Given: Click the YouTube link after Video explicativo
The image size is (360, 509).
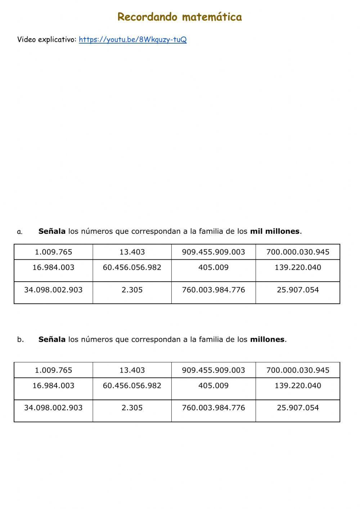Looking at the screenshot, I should [x=132, y=40].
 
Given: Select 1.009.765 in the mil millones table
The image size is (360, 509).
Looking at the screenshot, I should [x=53, y=252].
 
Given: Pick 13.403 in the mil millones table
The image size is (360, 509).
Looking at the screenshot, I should [x=132, y=252].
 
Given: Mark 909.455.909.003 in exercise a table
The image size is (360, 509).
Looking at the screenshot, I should [x=213, y=252].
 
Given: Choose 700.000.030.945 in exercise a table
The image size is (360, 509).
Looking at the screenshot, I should [x=298, y=252].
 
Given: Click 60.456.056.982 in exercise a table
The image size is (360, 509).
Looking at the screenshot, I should [x=132, y=268].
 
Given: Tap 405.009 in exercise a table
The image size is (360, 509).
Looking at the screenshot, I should [x=213, y=268].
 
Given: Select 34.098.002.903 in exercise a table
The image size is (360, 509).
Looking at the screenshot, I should [x=53, y=290].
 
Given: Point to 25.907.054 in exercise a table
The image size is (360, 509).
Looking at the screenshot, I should [x=298, y=290].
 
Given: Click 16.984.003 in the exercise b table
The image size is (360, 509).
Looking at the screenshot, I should [x=53, y=386].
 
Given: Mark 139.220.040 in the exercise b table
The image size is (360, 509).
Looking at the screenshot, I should [x=298, y=386].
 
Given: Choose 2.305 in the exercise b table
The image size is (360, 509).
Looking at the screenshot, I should [x=132, y=408].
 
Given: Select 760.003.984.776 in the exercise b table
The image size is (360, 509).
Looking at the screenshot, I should [x=213, y=408].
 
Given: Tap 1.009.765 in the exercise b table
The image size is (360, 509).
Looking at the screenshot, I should [x=53, y=370].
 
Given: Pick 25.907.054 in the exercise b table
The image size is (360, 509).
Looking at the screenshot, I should [x=298, y=408].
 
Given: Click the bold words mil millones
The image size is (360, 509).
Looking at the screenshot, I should [x=275, y=231].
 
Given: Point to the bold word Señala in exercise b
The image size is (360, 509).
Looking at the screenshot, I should [x=52, y=339].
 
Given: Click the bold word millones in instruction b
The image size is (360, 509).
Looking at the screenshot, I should [x=267, y=339].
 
